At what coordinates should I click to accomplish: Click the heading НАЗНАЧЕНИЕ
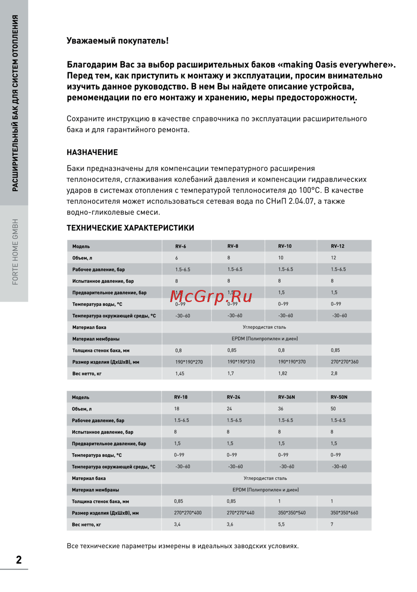[x=92, y=152]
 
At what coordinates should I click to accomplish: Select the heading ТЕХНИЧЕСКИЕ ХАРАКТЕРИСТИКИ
[x=130, y=228]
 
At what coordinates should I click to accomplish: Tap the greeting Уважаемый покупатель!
[x=118, y=41]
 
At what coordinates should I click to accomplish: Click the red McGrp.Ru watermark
[x=211, y=296]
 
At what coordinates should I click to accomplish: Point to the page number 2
[x=19, y=560]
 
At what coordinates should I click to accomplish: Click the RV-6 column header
[x=181, y=246]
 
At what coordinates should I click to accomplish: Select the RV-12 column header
[x=337, y=246]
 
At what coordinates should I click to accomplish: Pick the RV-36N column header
[x=286, y=397]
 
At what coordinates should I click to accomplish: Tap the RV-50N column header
[x=339, y=397]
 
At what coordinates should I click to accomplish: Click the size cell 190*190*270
[x=189, y=362]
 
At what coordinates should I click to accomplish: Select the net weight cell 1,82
[x=282, y=373]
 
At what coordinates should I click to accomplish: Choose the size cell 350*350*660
[x=344, y=513]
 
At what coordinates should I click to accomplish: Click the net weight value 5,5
[x=281, y=524]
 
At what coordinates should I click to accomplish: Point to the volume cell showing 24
[x=229, y=409]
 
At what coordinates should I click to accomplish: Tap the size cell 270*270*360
[x=344, y=362]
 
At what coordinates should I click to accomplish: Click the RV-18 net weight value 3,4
[x=177, y=524]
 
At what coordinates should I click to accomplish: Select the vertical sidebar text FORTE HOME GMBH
[x=15, y=252]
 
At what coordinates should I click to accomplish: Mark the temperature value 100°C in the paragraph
[x=310, y=190]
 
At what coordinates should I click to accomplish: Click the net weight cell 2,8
[x=334, y=373]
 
